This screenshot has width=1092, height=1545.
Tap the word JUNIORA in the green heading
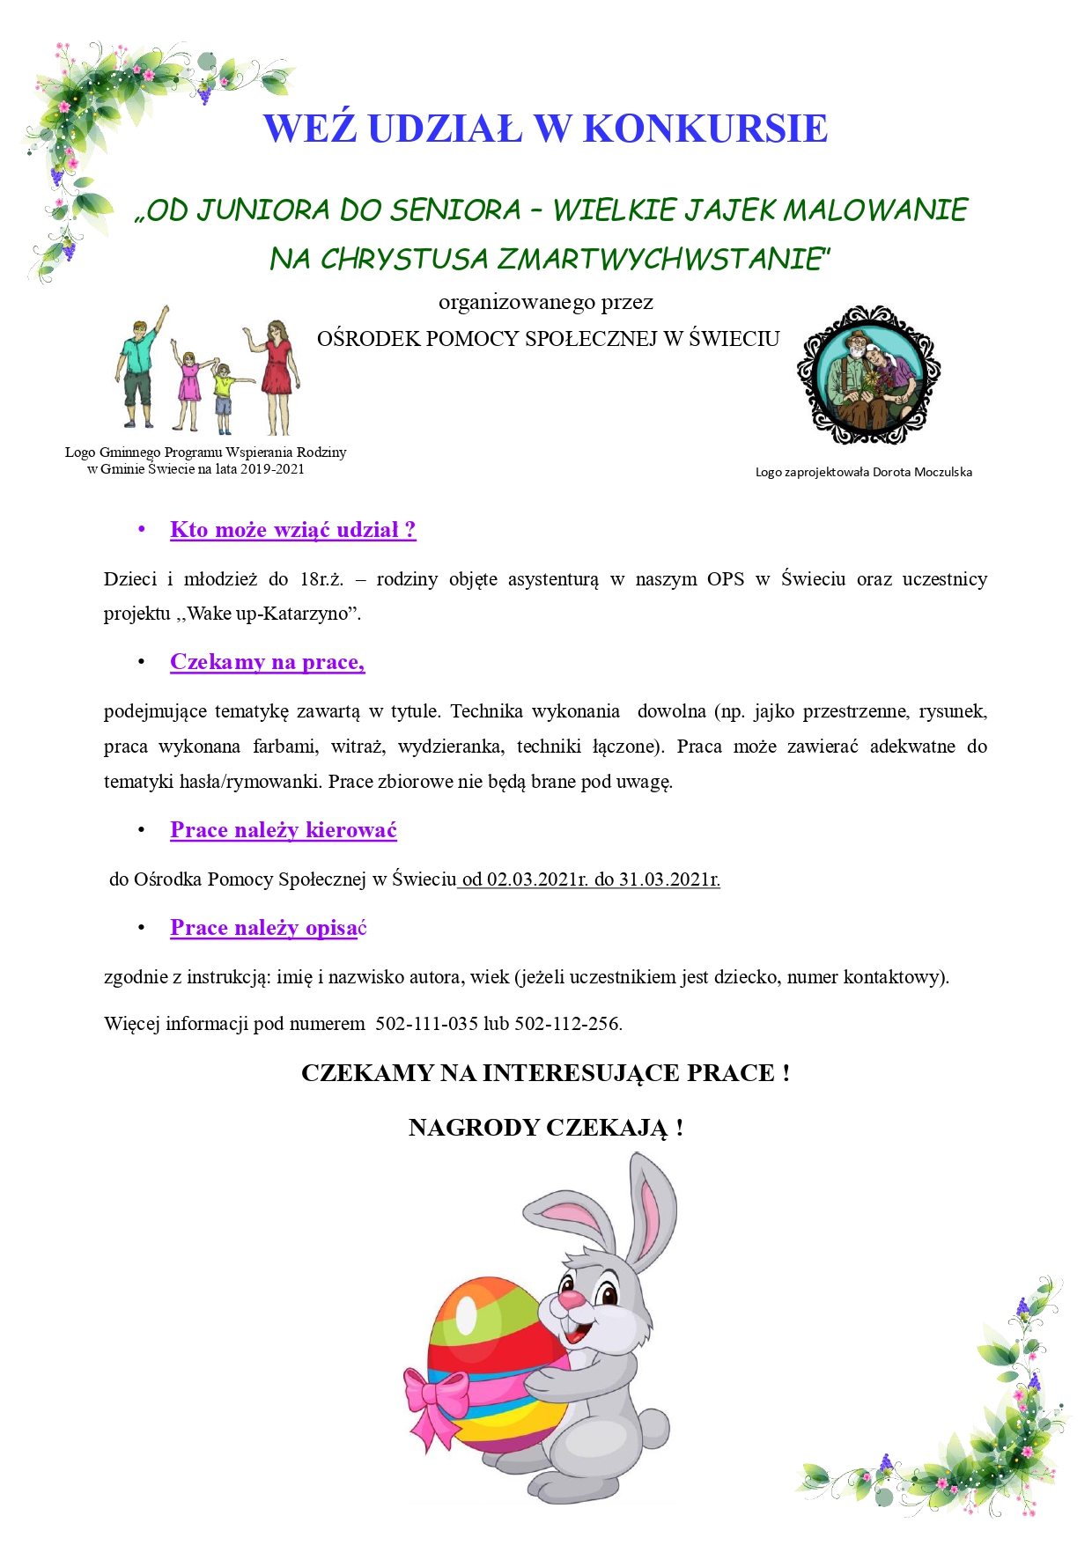point(263,210)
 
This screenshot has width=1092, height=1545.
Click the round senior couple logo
point(868,375)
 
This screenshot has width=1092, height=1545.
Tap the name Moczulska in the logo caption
point(942,472)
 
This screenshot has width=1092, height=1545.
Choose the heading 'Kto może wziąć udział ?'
point(292,530)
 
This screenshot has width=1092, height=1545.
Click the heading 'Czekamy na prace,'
point(267,662)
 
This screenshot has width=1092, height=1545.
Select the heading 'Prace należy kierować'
point(283,830)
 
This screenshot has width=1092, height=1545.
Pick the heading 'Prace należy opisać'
point(268,928)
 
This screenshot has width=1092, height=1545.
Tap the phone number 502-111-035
point(426,1024)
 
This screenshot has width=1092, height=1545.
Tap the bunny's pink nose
point(571,1299)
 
